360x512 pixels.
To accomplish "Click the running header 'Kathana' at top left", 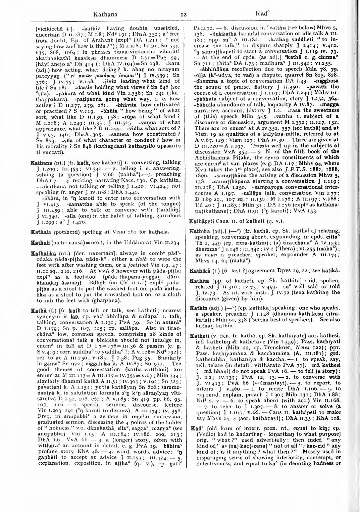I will coord(105,14).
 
